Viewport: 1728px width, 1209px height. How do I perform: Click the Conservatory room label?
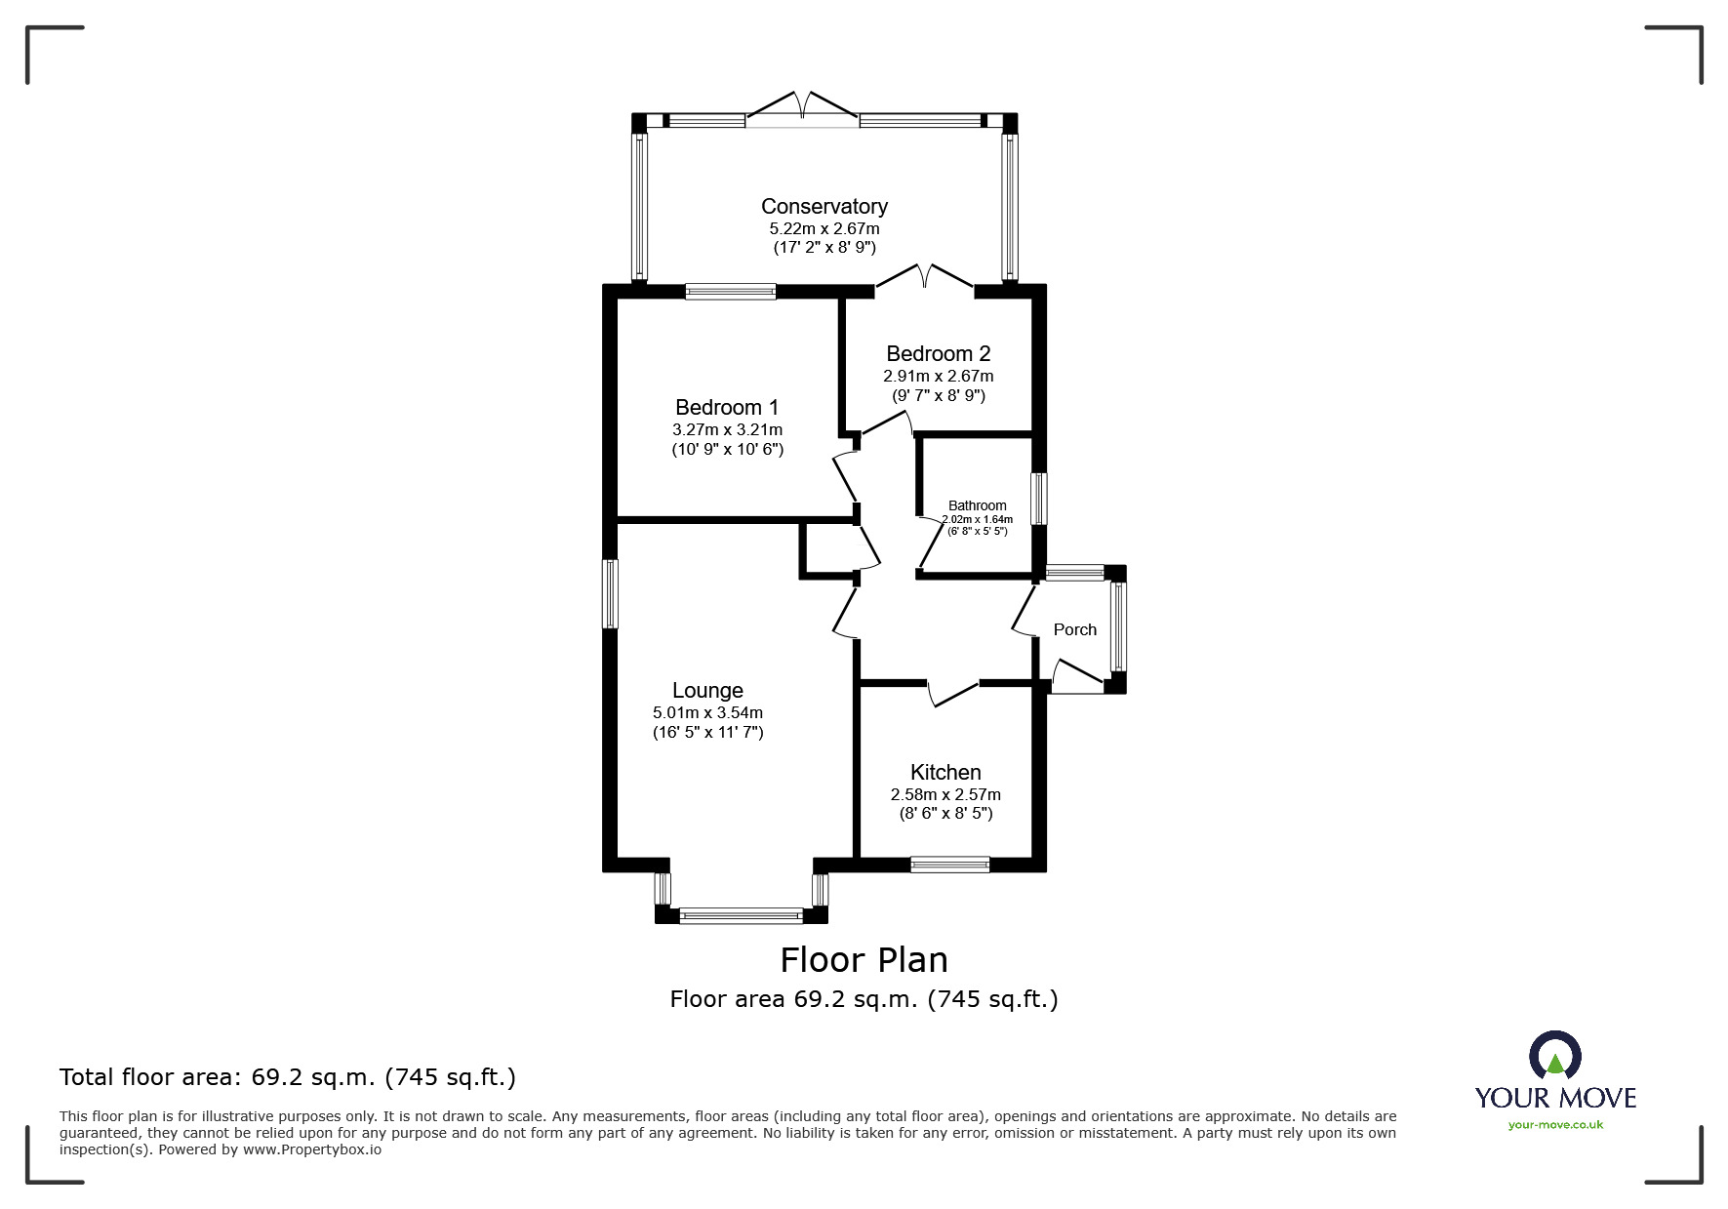pos(824,207)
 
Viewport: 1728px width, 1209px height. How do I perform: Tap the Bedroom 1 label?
pos(727,407)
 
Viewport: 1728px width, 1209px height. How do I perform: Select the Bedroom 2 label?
pos(939,353)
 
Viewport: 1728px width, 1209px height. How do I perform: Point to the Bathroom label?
pos(977,505)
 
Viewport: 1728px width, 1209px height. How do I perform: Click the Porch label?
pos(1075,629)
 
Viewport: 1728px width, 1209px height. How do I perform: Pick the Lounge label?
pos(707,691)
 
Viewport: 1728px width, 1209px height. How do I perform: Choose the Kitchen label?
pos(945,773)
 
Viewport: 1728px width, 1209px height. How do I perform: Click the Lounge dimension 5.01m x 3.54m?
pos(707,713)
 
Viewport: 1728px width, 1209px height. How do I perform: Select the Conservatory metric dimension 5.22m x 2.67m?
pos(824,229)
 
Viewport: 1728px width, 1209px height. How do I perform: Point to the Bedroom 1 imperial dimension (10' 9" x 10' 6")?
pos(727,450)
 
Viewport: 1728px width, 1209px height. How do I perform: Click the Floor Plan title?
pos(864,960)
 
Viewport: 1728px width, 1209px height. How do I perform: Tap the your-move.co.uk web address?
pos(1555,1125)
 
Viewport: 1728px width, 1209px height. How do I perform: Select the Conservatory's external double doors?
pos(802,109)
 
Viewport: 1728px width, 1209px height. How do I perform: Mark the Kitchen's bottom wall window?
pos(949,865)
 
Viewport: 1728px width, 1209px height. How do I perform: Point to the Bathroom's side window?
pos(1040,500)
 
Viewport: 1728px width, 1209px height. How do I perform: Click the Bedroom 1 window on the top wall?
pos(731,291)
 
